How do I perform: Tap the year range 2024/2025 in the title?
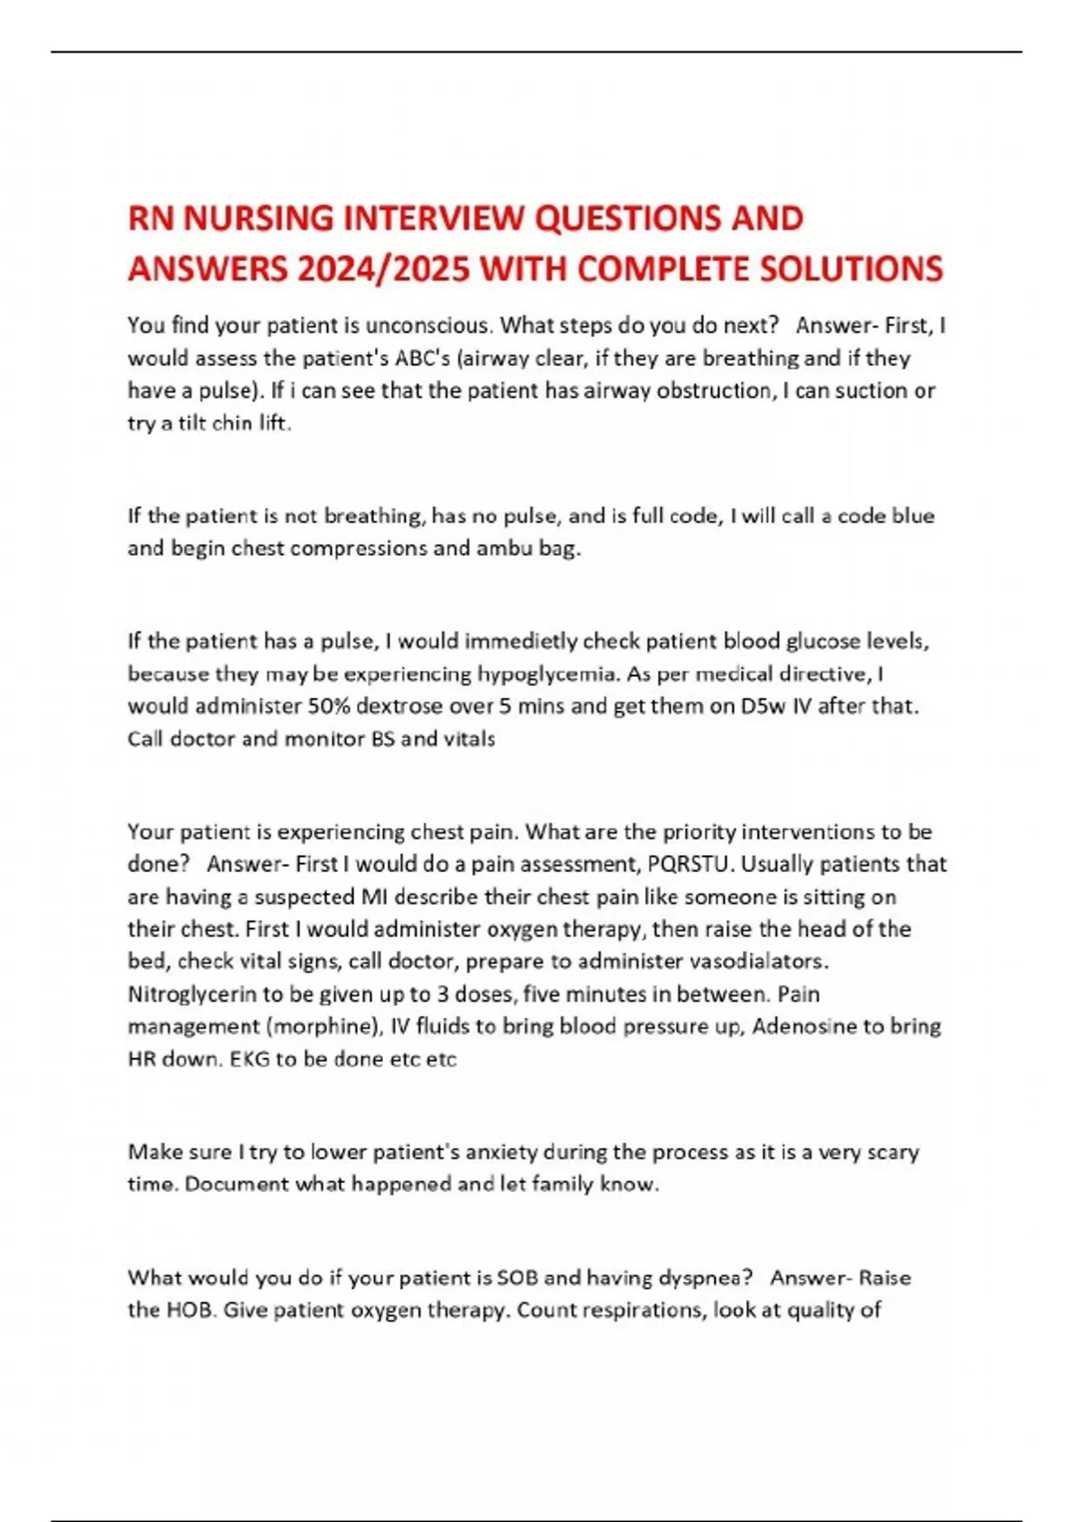click(x=386, y=269)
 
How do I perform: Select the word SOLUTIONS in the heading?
click(x=851, y=269)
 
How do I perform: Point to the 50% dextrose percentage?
click(x=328, y=705)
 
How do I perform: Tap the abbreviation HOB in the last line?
click(x=188, y=1310)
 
